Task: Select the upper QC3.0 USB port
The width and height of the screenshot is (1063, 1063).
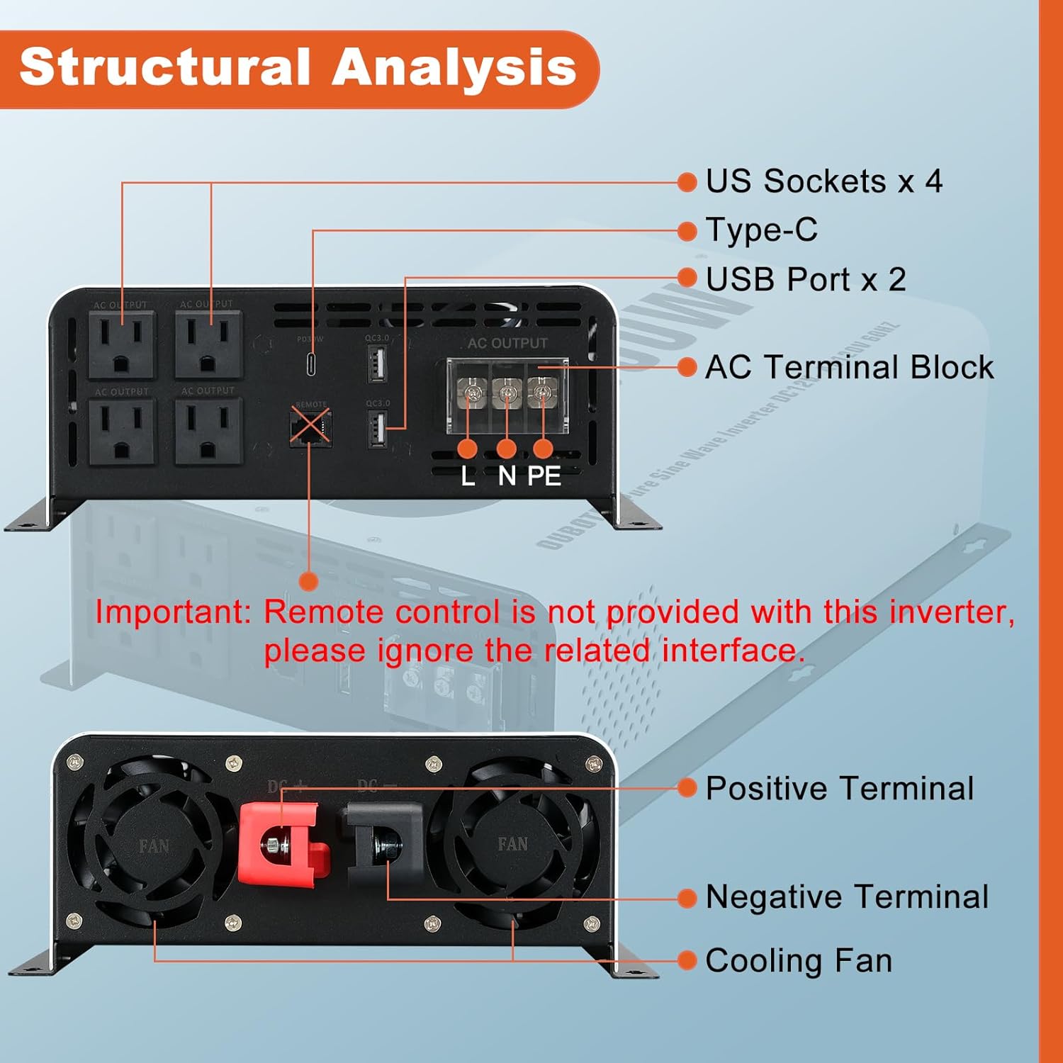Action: click(377, 364)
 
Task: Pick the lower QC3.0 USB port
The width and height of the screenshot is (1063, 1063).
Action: click(377, 429)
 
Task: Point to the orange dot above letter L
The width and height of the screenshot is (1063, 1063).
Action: click(468, 448)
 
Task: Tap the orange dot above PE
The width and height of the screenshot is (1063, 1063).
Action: click(543, 448)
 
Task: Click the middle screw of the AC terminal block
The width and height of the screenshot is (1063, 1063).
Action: click(506, 392)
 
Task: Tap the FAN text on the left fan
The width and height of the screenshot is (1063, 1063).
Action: click(154, 845)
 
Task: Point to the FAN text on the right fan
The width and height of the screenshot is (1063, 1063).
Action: click(512, 844)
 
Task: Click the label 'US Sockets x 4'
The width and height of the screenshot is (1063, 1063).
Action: click(823, 181)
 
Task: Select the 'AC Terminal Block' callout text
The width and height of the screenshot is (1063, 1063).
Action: click(849, 367)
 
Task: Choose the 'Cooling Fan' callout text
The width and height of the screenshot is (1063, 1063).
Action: click(799, 961)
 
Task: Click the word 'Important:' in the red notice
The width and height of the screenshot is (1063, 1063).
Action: click(173, 612)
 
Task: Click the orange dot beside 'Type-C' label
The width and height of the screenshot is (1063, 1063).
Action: click(687, 230)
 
